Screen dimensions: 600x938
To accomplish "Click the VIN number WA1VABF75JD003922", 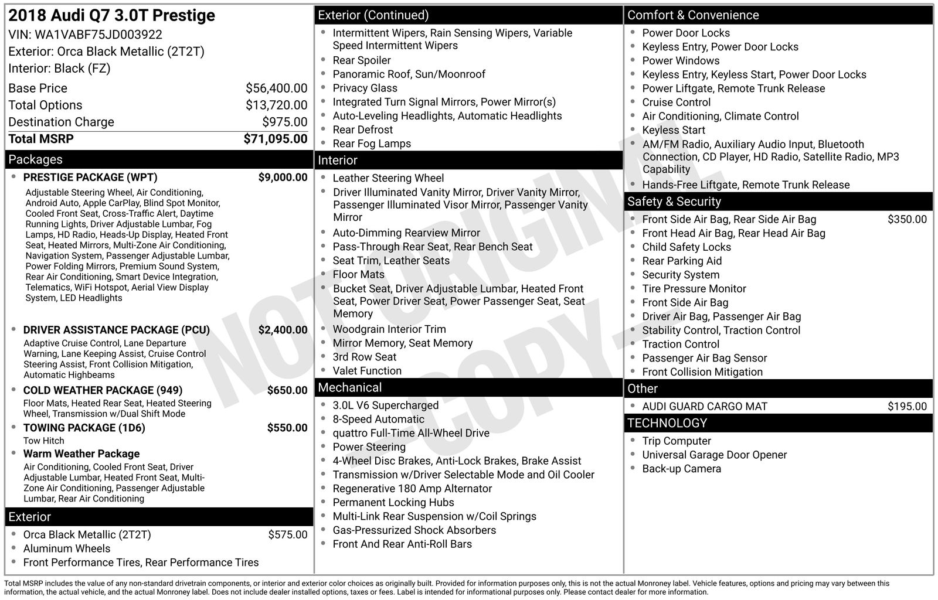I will coord(98,35).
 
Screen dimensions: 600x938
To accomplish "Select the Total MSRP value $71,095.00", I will coord(276,139).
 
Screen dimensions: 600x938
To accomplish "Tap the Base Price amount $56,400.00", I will coord(276,88).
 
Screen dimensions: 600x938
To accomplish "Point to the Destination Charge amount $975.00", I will coord(284,122).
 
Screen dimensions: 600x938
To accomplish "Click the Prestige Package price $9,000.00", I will coord(283,178).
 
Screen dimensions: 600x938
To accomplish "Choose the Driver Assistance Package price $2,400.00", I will coord(283,330).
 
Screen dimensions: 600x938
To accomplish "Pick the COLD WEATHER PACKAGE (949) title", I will coord(103,390).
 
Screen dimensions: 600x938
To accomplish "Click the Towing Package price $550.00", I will coord(287,428).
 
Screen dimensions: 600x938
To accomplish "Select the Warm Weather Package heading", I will coord(81,454).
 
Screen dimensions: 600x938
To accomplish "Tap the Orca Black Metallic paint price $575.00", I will coord(288,534).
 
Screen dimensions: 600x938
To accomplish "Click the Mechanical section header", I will coord(350,387).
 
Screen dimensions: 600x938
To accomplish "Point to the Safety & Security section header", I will coord(674,202).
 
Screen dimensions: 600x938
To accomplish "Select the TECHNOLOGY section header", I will coord(667,423).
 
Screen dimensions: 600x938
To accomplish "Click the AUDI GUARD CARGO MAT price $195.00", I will coord(907,406).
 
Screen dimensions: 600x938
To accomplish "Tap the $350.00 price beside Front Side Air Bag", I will coord(907,219).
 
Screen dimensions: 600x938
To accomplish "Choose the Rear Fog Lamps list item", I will coord(372,144).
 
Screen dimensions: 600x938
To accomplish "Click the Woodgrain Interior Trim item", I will coord(389,329).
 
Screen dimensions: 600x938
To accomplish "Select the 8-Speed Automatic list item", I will coord(378,419).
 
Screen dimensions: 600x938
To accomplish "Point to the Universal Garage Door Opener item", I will coord(714,455).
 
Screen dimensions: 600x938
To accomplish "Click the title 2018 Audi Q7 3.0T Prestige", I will coord(112,15).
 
